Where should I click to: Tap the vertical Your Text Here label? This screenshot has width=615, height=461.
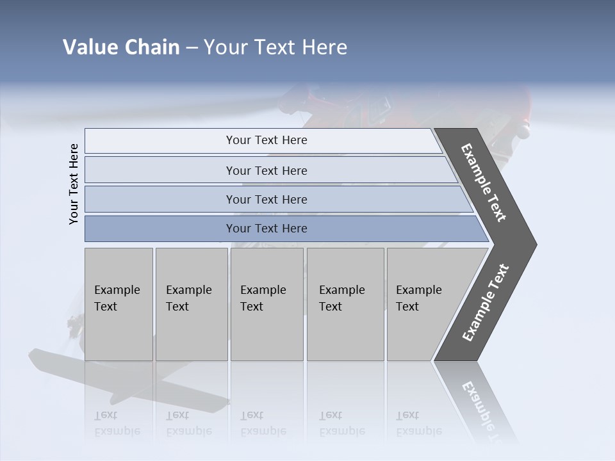[x=74, y=184]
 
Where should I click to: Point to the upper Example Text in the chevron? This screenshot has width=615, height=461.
[x=484, y=182]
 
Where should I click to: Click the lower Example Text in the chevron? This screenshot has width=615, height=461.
[x=485, y=302]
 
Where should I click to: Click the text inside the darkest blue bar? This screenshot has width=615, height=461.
[x=266, y=229]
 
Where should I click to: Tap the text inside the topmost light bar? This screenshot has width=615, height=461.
[x=266, y=140]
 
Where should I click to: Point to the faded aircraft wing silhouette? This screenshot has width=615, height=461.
[x=128, y=381]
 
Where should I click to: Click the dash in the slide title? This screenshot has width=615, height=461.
[x=192, y=48]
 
